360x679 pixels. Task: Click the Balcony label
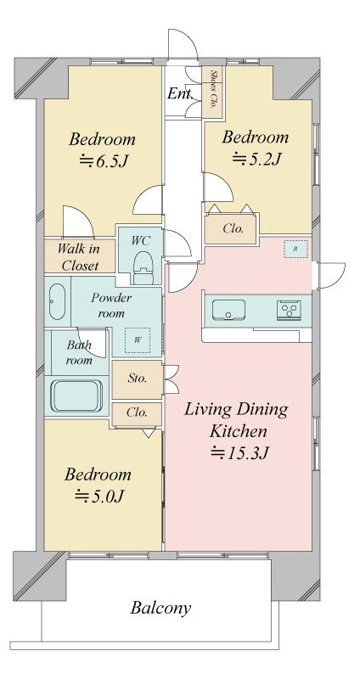pos(160,608)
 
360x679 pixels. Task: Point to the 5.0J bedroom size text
pos(100,496)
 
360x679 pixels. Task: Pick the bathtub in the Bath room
pos(77,396)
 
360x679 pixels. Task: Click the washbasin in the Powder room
pos(57,301)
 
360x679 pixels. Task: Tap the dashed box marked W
pos(138,340)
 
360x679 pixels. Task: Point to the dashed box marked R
pos(295,249)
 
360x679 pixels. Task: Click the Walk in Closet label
pos(79,257)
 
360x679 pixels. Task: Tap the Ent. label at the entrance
pos(180,93)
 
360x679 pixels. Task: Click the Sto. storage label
pos(138,378)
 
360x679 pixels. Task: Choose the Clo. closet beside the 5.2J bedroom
pos(233,228)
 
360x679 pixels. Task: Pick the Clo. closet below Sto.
pos(137,412)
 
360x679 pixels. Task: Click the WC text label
pos(141,241)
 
